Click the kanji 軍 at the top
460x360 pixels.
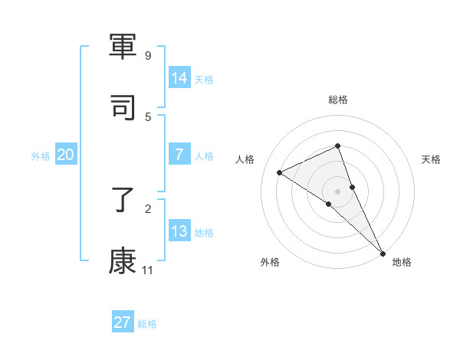click(x=123, y=48)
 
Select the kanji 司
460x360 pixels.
click(x=123, y=108)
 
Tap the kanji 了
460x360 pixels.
click(x=123, y=201)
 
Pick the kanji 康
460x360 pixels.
click(x=123, y=260)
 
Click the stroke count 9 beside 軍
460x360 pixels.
click(x=148, y=56)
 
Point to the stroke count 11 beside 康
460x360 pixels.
click(x=147, y=270)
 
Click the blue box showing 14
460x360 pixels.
click(x=179, y=77)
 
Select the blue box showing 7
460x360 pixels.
click(x=179, y=155)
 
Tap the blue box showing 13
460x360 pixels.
click(x=179, y=231)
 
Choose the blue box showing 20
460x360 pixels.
click(x=66, y=155)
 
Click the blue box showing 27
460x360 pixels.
click(x=123, y=322)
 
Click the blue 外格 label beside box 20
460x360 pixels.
click(x=41, y=156)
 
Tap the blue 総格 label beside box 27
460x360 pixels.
click(x=147, y=324)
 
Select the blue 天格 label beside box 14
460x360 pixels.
click(x=204, y=79)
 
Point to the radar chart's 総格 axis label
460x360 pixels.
click(x=338, y=100)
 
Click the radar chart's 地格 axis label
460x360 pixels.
click(x=402, y=262)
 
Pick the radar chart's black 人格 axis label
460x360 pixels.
click(x=245, y=159)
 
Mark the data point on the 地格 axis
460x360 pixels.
click(x=383, y=252)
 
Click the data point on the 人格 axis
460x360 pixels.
click(x=280, y=172)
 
